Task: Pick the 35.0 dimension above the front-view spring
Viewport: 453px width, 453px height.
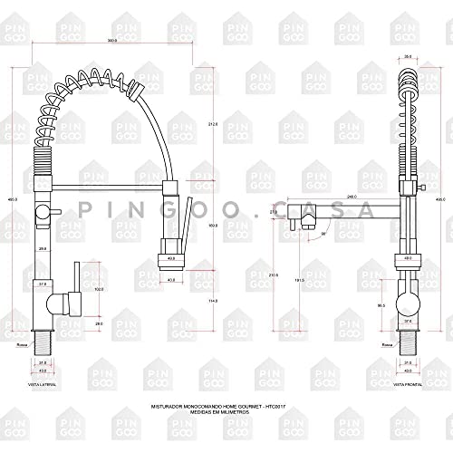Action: [x=407, y=52]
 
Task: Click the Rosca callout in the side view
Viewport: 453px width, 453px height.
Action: [x=22, y=344]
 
